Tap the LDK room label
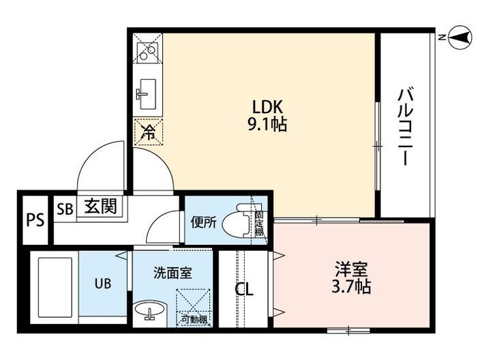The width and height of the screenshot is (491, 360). tap(267, 107)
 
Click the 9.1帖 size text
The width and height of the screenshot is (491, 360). tap(267, 124)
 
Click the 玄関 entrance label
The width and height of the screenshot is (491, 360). tap(100, 206)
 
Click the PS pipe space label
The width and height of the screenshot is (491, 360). tap(34, 220)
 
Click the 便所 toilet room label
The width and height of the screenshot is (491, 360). tap(203, 222)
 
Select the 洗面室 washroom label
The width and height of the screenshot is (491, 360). tap(171, 273)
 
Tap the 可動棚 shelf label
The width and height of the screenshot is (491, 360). tap(194, 318)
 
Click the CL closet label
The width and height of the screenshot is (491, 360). tap(244, 290)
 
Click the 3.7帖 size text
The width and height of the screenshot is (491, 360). tap(353, 287)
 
